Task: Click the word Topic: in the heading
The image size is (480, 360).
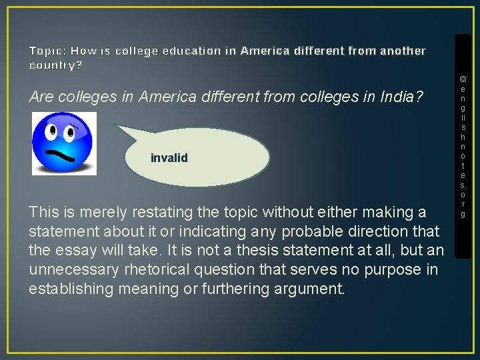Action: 47,51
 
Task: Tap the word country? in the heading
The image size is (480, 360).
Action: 56,65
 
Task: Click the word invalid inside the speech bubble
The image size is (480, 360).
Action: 169,158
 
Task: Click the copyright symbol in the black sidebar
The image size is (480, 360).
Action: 463,79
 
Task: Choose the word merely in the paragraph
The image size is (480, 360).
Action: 89,213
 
